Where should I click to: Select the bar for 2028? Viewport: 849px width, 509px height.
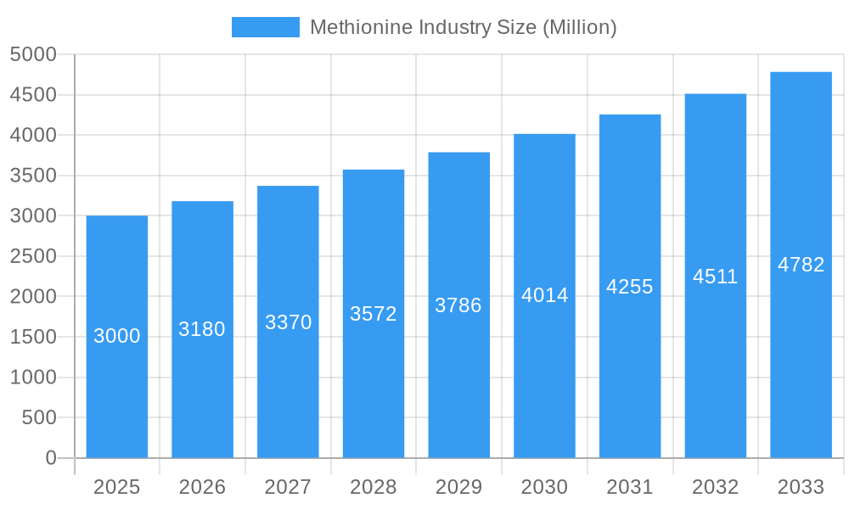click(374, 382)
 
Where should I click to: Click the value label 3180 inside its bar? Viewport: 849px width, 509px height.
click(202, 329)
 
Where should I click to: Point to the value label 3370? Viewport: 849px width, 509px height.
click(288, 322)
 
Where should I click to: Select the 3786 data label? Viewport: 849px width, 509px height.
click(458, 305)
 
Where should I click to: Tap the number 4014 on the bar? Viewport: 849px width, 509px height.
click(544, 295)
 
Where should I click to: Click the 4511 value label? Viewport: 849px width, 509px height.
click(716, 277)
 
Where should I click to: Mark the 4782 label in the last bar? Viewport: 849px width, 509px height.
click(801, 265)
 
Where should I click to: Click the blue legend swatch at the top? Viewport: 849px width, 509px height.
click(265, 27)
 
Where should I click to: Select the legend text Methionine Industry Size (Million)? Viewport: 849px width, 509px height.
click(463, 27)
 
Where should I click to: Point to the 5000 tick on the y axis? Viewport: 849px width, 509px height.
click(32, 54)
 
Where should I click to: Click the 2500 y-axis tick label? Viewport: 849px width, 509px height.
click(32, 256)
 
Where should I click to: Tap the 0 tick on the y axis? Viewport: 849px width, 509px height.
click(50, 458)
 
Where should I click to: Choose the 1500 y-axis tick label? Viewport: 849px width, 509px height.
click(32, 337)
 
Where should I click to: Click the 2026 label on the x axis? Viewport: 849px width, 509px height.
click(202, 487)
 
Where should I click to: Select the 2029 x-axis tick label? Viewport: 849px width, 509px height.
click(458, 487)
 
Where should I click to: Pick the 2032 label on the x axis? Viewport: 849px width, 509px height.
click(716, 487)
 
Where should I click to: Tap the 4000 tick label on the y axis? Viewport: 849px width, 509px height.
click(32, 135)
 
